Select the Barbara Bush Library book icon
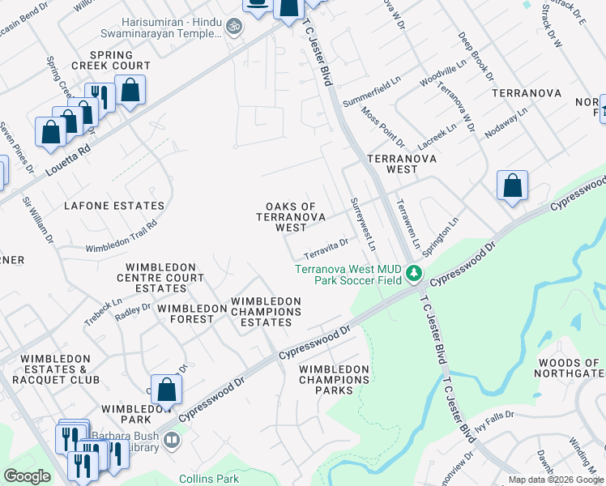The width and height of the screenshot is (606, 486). coord(172,441)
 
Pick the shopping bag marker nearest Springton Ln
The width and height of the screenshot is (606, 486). coord(512,186)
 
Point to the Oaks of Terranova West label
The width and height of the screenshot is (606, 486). coord(291,217)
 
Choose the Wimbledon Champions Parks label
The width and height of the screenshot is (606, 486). coord(334,379)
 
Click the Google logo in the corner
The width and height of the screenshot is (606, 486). coord(27,476)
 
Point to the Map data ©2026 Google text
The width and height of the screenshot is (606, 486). coord(556,480)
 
